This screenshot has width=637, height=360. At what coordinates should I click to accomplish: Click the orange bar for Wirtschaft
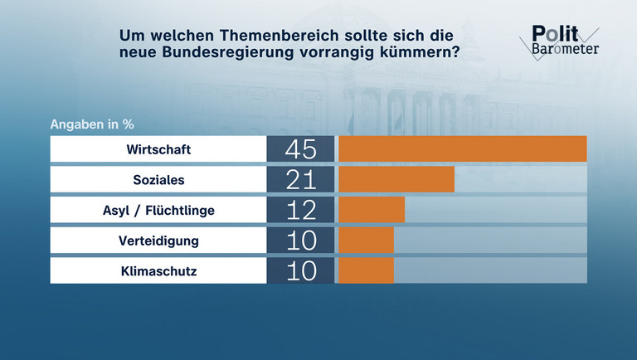pyautogui.click(x=462, y=149)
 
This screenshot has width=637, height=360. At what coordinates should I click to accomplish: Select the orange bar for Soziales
pyautogui.click(x=396, y=179)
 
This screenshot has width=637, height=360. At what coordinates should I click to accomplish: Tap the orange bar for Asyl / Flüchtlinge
pyautogui.click(x=372, y=210)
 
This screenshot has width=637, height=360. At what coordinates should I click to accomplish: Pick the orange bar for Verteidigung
pyautogui.click(x=366, y=240)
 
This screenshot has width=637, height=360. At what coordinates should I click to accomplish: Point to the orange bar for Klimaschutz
pyautogui.click(x=366, y=270)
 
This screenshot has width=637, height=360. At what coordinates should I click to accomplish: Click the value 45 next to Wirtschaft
pyautogui.click(x=300, y=149)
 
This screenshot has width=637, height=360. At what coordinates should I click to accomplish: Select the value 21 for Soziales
pyautogui.click(x=300, y=179)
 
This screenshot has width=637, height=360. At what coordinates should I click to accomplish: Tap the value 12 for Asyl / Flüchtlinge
pyautogui.click(x=300, y=210)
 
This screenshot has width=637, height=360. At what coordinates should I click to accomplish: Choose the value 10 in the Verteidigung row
pyautogui.click(x=300, y=240)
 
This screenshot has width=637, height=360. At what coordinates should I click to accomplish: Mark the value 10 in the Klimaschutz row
pyautogui.click(x=300, y=270)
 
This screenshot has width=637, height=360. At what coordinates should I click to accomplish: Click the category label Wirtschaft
pyautogui.click(x=158, y=149)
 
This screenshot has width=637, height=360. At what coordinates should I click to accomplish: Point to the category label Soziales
pyautogui.click(x=158, y=179)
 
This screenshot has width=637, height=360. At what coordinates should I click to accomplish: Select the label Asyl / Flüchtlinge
pyautogui.click(x=158, y=210)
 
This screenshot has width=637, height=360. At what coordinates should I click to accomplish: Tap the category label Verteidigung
pyautogui.click(x=158, y=241)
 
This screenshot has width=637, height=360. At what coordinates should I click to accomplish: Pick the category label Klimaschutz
pyautogui.click(x=158, y=270)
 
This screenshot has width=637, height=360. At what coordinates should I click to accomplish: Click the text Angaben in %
pyautogui.click(x=92, y=124)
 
